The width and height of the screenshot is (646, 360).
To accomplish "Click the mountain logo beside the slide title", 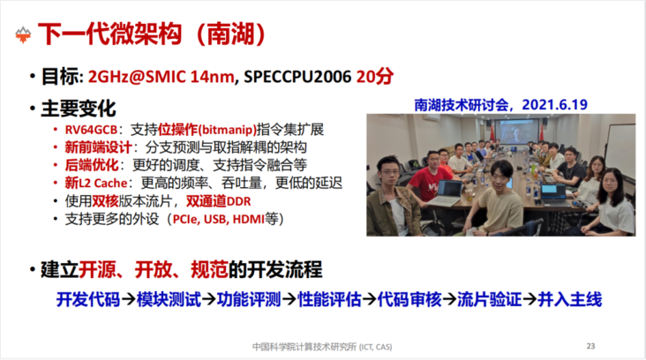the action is click(23, 35).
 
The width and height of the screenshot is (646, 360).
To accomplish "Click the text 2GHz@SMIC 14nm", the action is click(161, 77).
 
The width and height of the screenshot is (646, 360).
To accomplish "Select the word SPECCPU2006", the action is click(297, 77).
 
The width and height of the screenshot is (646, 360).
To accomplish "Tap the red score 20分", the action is click(375, 76).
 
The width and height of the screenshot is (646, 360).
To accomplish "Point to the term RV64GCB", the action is click(91, 130).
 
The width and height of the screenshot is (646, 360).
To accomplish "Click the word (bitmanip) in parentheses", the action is click(228, 130).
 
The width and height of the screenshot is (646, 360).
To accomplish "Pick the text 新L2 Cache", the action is click(96, 183).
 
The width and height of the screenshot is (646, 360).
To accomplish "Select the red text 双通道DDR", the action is click(218, 201).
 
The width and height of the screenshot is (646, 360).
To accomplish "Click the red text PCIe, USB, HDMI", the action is click(218, 219).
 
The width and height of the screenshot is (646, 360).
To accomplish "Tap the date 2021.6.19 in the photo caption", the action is click(554, 105).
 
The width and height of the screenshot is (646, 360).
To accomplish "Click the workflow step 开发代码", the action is click(88, 299).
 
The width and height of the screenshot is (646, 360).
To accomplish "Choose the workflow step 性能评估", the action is click(329, 299).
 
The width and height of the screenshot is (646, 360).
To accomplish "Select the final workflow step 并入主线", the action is click(570, 299).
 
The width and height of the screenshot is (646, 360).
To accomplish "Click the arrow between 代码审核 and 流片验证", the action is click(449, 299).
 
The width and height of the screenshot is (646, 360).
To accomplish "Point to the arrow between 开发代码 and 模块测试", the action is click(128, 299).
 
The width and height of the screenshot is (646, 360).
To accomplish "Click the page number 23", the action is click(590, 346).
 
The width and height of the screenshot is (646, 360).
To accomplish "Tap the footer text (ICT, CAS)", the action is click(375, 347).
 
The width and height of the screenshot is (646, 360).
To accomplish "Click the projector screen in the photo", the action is click(517, 131).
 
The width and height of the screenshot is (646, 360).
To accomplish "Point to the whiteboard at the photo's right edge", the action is click(621, 150).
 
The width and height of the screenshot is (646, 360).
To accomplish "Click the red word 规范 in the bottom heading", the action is click(209, 270).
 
